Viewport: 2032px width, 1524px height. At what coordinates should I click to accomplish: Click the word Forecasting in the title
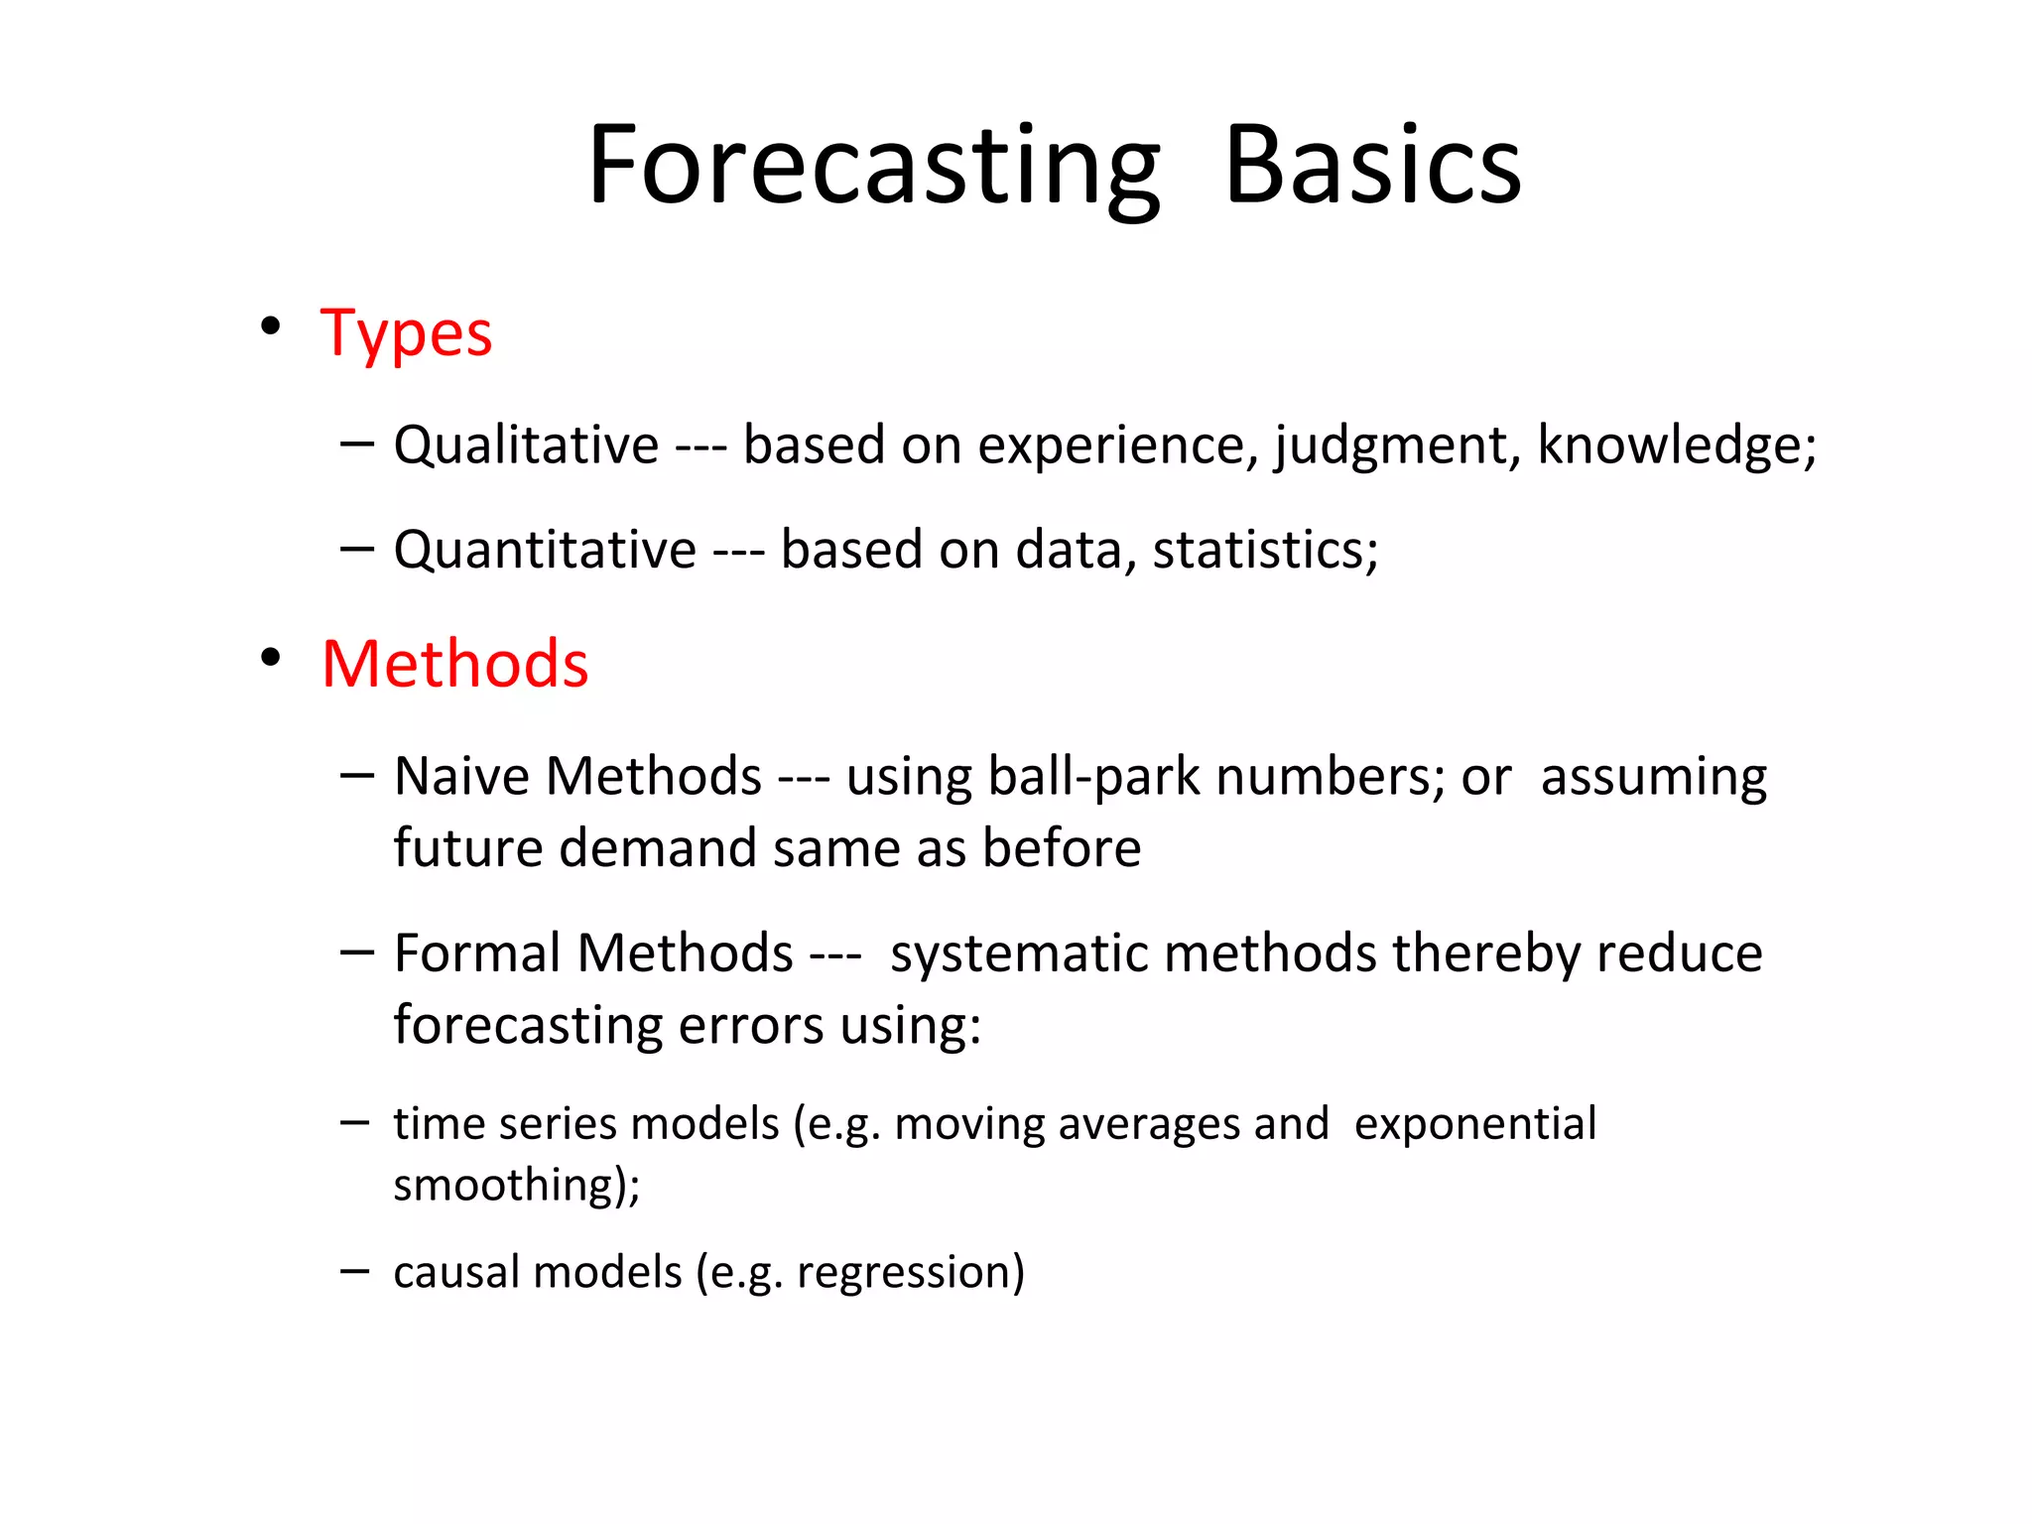pos(873,167)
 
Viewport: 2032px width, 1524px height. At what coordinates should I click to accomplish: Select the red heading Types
pos(406,333)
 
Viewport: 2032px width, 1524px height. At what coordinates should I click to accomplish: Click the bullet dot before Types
pos(270,326)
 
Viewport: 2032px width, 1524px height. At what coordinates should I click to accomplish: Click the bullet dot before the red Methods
pos(270,657)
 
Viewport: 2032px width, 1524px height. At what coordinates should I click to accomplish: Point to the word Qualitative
pos(526,444)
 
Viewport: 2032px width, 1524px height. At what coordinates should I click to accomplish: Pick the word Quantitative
pos(545,550)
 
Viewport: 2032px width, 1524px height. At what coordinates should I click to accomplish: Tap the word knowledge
pos(1673,444)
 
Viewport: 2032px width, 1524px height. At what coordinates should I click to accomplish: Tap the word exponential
pos(1475,1124)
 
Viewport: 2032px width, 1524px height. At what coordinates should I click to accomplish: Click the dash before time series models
pos(354,1122)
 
